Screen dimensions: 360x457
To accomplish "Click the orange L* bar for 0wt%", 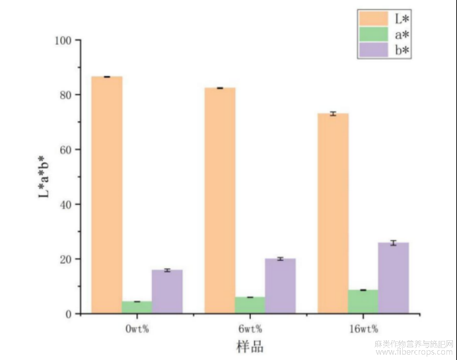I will (x=107, y=195).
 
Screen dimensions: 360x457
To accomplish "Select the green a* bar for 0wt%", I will (x=137, y=307).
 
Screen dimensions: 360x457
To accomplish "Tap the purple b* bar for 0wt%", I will (x=166, y=291).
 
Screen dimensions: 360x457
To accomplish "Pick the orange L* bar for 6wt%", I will (x=220, y=200).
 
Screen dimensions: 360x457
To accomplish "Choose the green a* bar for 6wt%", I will (x=250, y=305).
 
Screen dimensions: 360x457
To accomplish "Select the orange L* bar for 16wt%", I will (x=334, y=213).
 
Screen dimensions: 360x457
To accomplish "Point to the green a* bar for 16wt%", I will (x=363, y=301).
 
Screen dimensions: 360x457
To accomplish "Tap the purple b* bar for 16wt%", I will (x=393, y=278).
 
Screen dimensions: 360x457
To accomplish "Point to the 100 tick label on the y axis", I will (x=63, y=40).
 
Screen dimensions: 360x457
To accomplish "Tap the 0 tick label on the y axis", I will (x=69, y=314).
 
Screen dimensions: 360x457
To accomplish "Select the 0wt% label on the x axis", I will (x=137, y=328).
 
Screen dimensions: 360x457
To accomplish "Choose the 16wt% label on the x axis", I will (x=363, y=328).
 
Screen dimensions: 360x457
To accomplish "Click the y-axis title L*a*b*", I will (x=42, y=177).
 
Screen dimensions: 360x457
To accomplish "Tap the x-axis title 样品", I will (x=250, y=346).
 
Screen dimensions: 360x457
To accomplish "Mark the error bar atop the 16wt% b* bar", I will (x=393, y=243).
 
